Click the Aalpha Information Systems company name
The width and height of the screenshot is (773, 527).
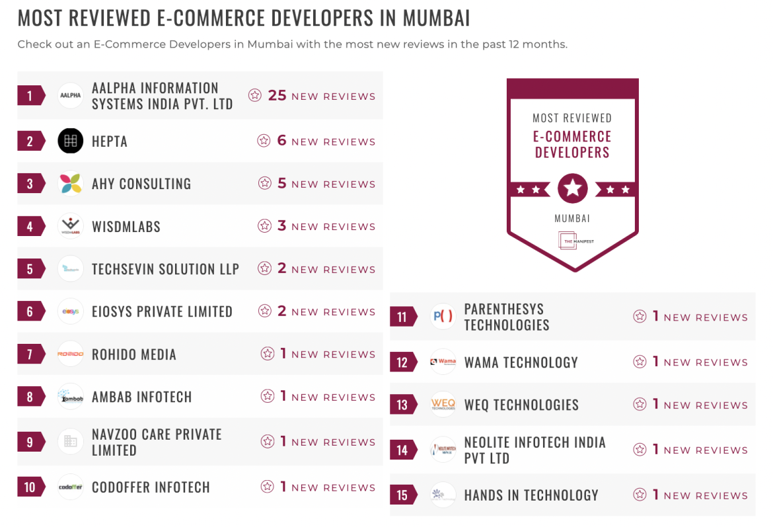pos(162,96)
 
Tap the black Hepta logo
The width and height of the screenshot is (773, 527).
pos(71,141)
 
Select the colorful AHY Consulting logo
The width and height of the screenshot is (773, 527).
pos(71,184)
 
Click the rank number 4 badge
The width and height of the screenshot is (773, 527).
pos(30,226)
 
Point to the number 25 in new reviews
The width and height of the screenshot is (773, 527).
pos(277,96)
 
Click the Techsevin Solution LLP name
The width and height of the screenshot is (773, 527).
pos(165,269)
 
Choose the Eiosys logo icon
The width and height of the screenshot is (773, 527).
pos(71,311)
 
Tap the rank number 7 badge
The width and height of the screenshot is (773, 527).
pos(30,354)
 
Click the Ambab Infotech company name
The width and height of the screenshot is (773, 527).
pos(141,397)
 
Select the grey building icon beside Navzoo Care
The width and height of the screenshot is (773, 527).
pos(71,442)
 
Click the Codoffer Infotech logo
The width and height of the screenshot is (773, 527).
pos(71,487)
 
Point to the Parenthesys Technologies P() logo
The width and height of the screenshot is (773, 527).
pos(443,317)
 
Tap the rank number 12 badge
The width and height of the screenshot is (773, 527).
pos(402,362)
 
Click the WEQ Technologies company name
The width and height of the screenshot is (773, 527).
pos(521,405)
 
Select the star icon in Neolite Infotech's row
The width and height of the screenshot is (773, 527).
pos(640,450)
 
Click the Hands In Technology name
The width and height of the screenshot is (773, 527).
pos(531,495)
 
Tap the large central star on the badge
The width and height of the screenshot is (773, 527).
pos(572,189)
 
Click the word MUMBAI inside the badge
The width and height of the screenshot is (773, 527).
pos(572,218)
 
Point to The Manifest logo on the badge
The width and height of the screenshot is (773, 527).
pos(572,241)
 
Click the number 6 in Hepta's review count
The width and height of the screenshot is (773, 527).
pos(281,141)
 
